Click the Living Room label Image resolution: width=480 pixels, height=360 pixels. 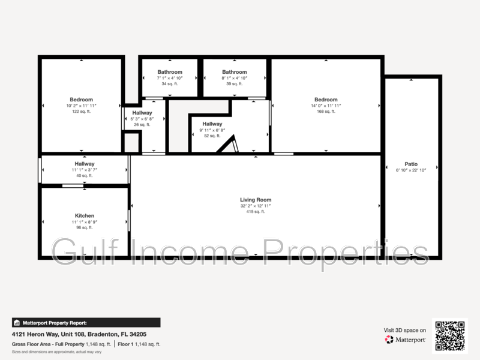coord(256,200)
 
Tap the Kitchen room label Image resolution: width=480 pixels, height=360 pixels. coord(84,215)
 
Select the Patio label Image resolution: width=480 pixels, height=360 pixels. coord(411,164)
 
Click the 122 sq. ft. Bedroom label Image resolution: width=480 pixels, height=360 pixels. coord(81,100)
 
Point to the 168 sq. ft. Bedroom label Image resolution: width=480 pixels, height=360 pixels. coord(326,100)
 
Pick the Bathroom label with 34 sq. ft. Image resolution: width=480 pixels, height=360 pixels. coord(169,72)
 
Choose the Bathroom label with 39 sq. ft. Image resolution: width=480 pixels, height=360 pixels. coord(235,72)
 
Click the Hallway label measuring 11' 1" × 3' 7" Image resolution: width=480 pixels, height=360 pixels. coord(84,164)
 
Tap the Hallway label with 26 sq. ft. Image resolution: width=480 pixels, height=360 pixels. coord(142,113)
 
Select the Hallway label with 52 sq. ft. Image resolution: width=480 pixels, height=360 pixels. coord(212,124)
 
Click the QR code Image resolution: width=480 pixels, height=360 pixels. coord(450,336)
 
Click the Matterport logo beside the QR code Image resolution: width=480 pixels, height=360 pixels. coord(405,340)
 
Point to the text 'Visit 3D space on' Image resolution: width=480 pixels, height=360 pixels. coord(405,330)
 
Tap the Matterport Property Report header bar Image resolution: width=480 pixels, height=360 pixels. coord(85,322)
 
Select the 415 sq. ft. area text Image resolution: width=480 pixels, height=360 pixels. coord(256,212)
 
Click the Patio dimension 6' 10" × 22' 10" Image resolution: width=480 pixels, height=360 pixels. coord(411,170)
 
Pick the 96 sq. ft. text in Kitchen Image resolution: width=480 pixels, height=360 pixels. coord(84,227)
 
